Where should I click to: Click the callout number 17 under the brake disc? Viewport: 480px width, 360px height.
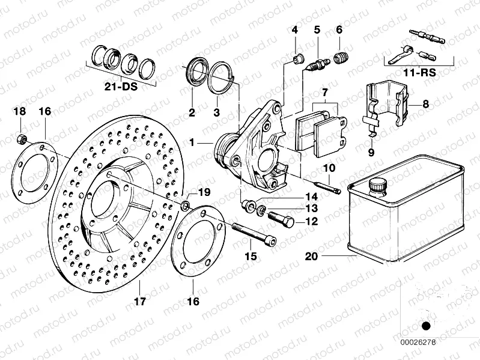[139, 302]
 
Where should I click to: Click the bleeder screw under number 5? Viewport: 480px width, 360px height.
[317, 62]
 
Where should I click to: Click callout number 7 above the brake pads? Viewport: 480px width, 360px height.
[324, 93]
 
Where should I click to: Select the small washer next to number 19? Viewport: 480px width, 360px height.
[185, 207]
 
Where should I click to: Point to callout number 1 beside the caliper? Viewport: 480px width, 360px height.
[192, 143]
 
